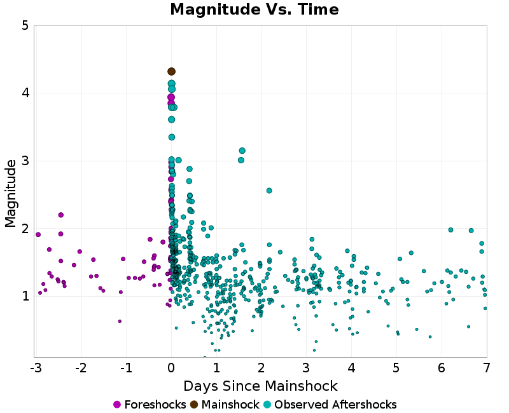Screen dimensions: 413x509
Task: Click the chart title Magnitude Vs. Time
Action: coord(254,10)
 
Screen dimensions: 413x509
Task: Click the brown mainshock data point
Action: coord(171,72)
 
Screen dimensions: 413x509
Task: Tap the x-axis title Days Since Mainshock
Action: coord(260,386)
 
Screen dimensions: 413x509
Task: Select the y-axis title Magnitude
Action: coord(11,193)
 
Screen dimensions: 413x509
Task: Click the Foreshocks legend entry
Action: coord(150,405)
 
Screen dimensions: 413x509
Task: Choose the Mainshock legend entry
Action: coord(225,405)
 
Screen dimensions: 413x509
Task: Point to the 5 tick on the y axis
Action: coord(25,26)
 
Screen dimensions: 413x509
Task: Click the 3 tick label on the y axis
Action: coord(25,161)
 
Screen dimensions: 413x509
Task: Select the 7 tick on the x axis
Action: coord(487,369)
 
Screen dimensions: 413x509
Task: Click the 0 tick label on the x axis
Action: coord(171,369)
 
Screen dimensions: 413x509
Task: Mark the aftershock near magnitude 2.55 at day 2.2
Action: coord(269,191)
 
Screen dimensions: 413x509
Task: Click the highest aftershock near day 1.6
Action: coord(242,151)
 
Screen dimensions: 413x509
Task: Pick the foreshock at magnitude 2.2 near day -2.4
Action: coord(60,215)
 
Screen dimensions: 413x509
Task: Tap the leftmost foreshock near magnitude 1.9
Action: coord(38,234)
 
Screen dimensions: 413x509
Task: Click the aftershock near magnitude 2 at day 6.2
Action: coord(450,230)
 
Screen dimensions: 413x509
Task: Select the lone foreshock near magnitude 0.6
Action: coord(119,321)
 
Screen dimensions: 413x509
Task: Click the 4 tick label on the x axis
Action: coord(351,369)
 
